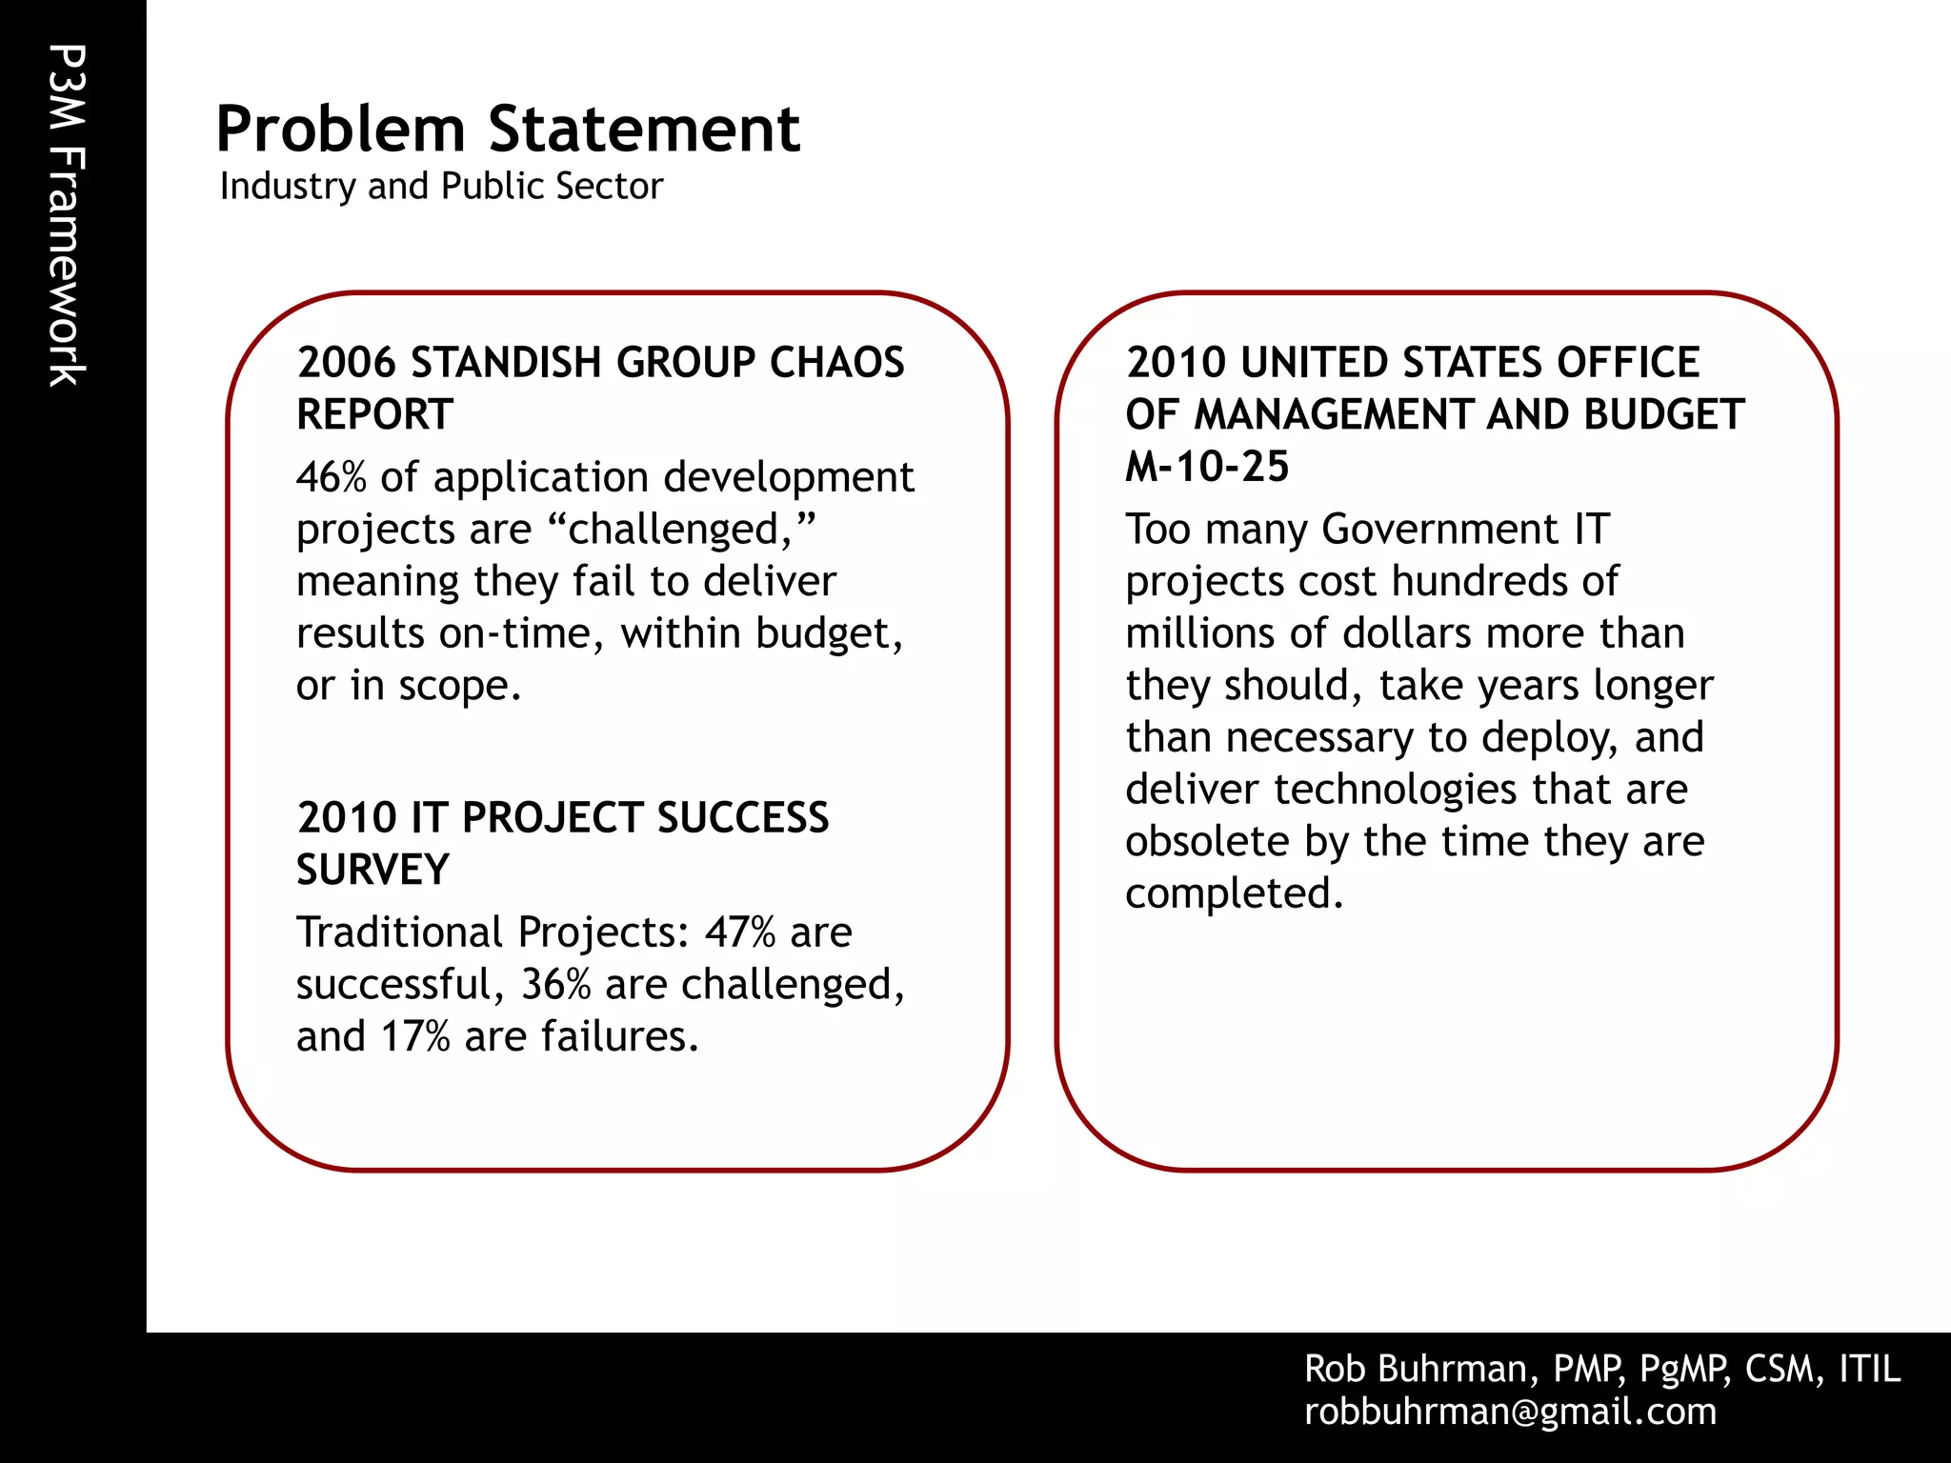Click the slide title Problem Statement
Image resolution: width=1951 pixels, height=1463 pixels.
(508, 130)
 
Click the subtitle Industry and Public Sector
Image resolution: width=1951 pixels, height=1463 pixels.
(441, 186)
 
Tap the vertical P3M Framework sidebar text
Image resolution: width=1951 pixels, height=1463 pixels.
(67, 216)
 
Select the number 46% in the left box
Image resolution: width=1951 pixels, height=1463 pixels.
(331, 477)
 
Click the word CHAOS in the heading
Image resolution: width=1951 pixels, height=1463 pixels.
(836, 363)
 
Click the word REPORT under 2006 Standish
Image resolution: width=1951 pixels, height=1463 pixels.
(374, 414)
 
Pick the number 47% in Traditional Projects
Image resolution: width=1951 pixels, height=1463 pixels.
(739, 932)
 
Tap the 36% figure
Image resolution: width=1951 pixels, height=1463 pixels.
(555, 985)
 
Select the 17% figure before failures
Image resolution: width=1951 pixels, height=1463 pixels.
(415, 1036)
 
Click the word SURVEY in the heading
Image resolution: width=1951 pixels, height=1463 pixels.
(372, 870)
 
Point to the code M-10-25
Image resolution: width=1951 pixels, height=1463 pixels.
(1206, 467)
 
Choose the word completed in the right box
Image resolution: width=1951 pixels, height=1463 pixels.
(1233, 894)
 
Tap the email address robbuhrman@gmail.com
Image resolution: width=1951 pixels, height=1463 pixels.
(1510, 1412)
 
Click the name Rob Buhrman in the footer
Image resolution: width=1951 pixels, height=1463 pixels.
(1415, 1369)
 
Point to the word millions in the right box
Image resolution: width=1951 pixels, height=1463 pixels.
(1200, 633)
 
